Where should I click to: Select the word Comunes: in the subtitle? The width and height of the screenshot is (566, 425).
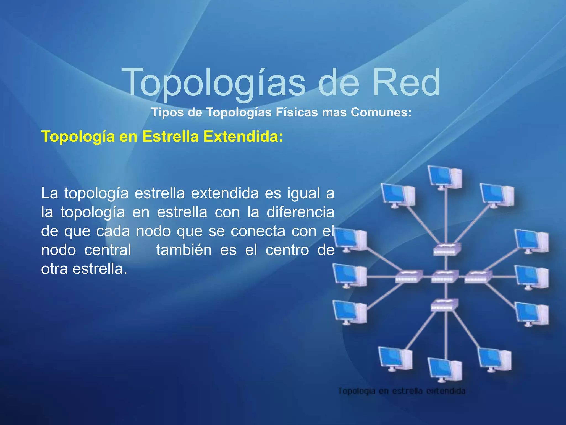(x=381, y=112)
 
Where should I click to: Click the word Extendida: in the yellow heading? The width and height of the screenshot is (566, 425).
(x=243, y=136)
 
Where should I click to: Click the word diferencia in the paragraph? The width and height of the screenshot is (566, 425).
(x=300, y=212)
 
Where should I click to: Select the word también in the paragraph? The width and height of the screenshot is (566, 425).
(x=184, y=250)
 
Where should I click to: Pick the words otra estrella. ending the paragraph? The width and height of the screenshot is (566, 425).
(x=84, y=269)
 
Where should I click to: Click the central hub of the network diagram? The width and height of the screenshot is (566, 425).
(x=445, y=276)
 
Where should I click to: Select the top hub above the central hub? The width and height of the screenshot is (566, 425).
(x=447, y=249)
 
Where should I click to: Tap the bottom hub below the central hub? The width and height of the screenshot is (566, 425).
(x=444, y=305)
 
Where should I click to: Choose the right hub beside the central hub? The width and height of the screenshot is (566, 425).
(x=478, y=276)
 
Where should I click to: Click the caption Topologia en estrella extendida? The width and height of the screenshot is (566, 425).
(x=402, y=391)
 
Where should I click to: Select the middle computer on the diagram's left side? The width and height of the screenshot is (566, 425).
(x=350, y=276)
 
